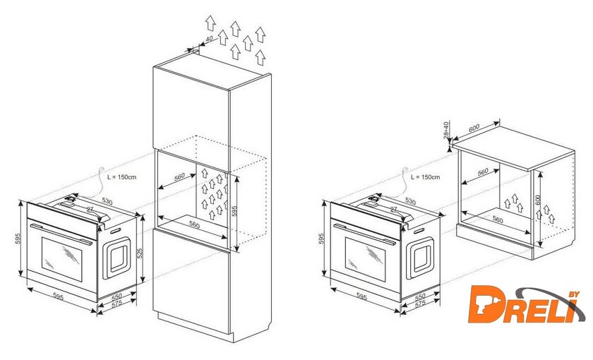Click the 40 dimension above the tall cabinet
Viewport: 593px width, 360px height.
[209, 39]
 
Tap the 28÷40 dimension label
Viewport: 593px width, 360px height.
[446, 130]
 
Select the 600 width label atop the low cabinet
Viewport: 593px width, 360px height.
[474, 128]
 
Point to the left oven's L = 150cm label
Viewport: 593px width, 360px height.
[121, 177]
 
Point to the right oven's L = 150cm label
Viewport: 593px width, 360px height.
[426, 177]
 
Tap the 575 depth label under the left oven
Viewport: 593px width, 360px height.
[117, 304]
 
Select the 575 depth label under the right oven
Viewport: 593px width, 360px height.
[421, 304]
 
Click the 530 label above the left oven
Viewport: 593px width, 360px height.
[107, 201]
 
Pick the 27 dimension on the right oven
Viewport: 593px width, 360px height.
[394, 209]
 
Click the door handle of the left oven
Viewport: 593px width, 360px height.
[61, 234]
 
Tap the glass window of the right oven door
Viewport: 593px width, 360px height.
[366, 260]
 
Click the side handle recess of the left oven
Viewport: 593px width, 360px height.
[117, 257]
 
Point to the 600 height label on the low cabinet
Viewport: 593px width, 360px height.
[538, 200]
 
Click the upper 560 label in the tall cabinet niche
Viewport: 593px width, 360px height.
[179, 177]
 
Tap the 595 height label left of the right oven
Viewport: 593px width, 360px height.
[322, 239]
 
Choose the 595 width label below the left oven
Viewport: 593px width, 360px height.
[58, 297]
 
